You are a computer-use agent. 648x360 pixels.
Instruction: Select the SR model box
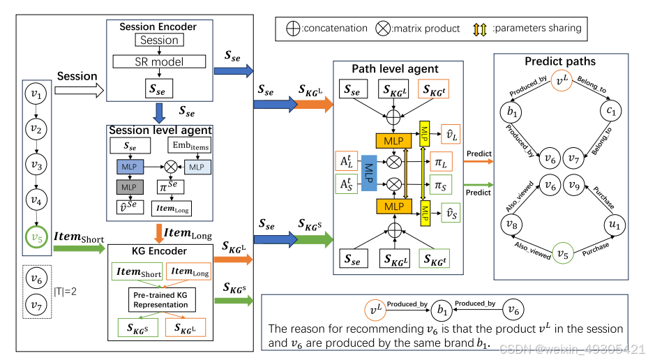coord(159,61)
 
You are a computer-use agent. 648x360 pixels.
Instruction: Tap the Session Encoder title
coord(158,27)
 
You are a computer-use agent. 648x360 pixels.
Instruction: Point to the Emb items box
coord(188,146)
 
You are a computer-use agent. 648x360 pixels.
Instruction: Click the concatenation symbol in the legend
coord(294,29)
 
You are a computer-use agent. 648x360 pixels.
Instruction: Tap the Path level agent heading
coord(395,68)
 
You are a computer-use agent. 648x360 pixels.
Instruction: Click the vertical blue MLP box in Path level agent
coord(370,174)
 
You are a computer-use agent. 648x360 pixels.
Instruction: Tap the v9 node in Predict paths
coord(574,187)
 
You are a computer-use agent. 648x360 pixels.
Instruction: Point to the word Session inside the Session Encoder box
coord(159,40)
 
